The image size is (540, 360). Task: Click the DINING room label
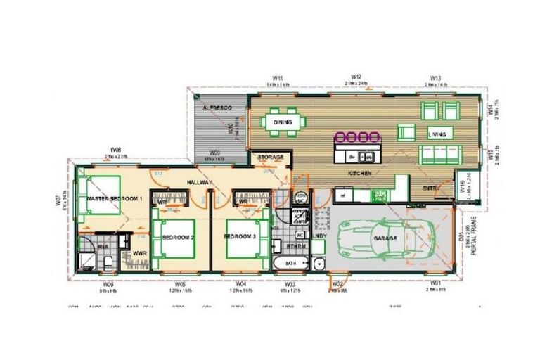[282, 122]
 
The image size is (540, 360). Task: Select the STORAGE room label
[270, 157]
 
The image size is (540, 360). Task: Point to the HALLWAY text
[200, 182]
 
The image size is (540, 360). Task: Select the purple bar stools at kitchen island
[357, 137]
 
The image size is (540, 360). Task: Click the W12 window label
[356, 77]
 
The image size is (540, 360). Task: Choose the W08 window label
[117, 150]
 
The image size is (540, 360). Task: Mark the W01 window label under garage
[437, 283]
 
